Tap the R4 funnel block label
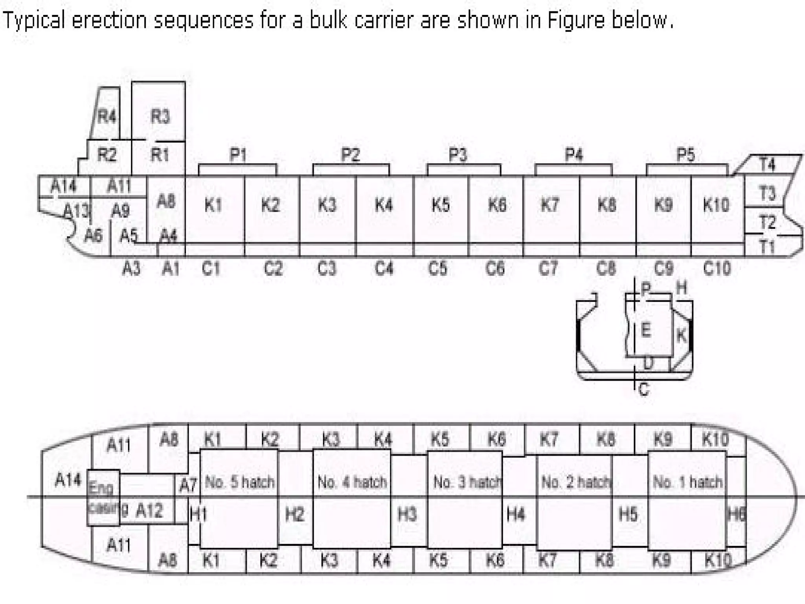coord(107,116)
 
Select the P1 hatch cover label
coord(238,155)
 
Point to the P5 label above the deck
coord(686,155)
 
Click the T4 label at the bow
coord(767,164)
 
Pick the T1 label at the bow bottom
coord(766,247)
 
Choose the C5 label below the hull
coord(437,269)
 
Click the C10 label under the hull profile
coord(717,269)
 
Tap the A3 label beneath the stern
coord(131,269)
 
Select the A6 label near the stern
coord(93,236)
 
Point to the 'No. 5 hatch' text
coord(239,482)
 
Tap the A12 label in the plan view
coord(149,511)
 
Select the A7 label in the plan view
coord(187,486)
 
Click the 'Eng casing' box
coord(103,497)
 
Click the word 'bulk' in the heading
coord(329,20)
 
